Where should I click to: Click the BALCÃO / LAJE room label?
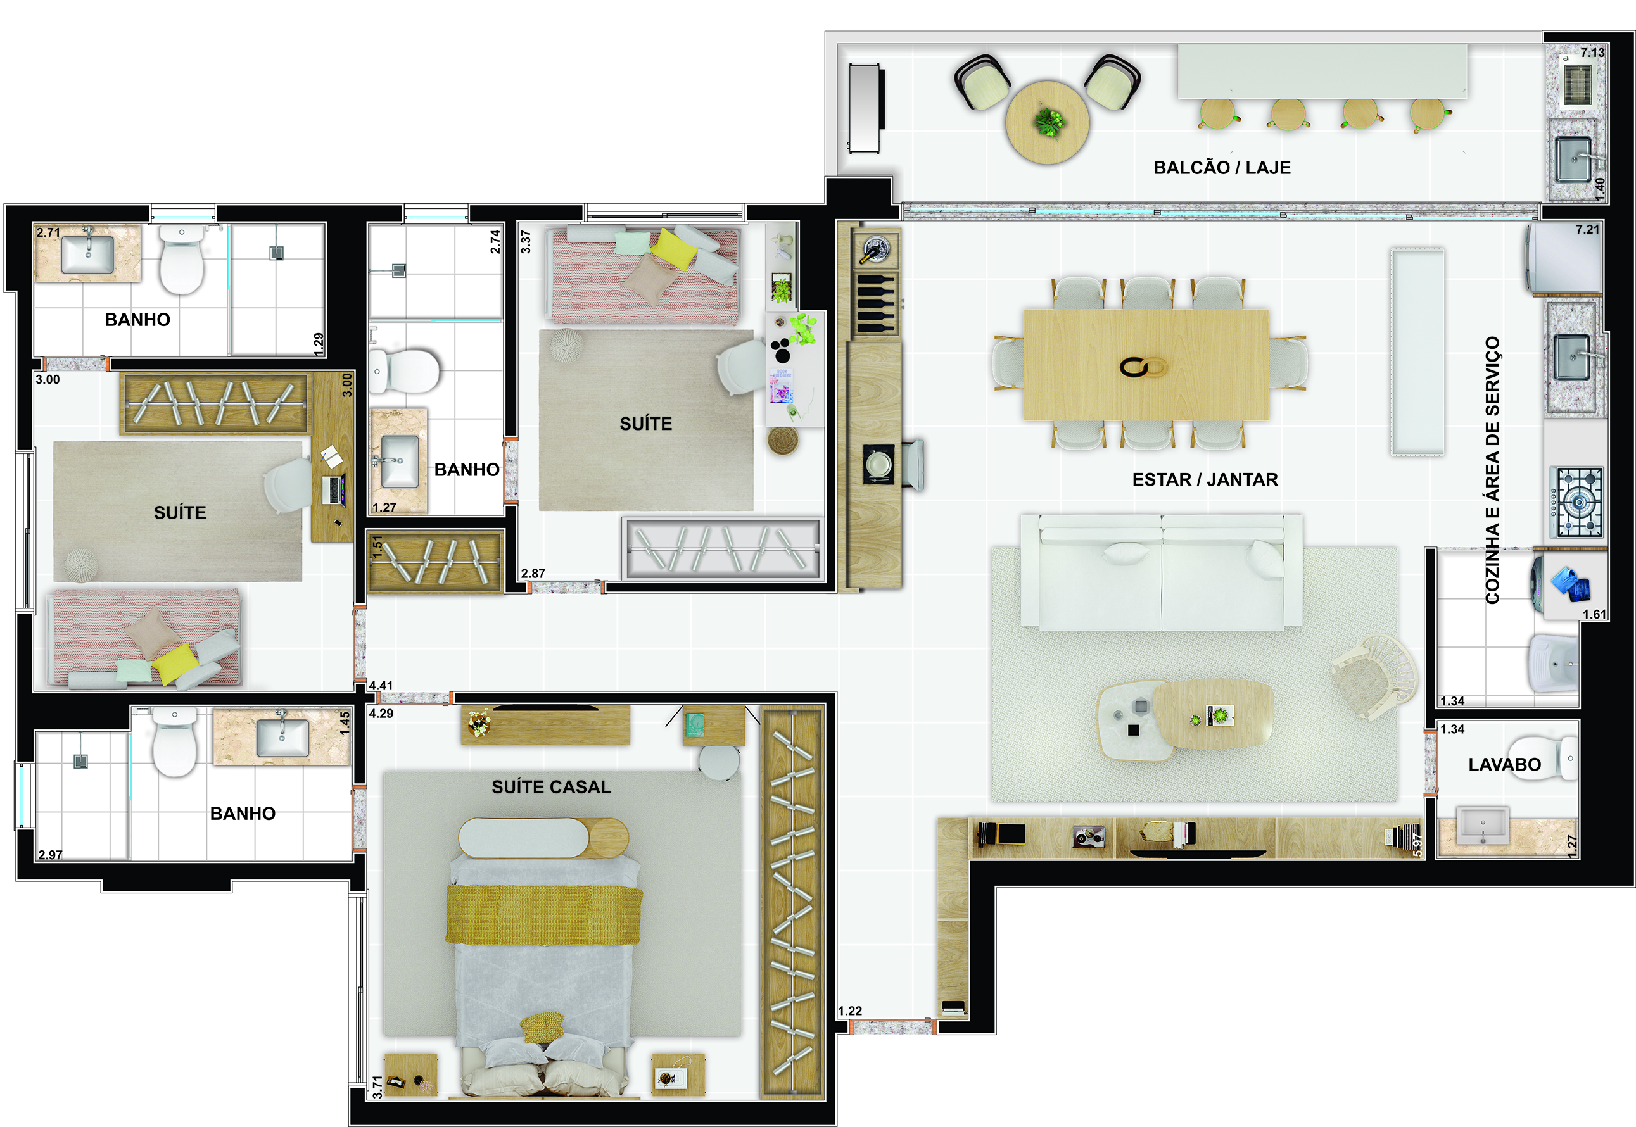click(1221, 167)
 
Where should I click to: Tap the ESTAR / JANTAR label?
click(1205, 479)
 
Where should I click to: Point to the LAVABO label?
click(1505, 765)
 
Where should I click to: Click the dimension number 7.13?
click(1593, 53)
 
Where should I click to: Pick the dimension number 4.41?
click(381, 685)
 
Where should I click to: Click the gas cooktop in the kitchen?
click(1576, 502)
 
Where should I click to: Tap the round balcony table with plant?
click(1047, 122)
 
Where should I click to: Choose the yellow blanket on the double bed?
click(543, 914)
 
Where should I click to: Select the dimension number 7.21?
click(1587, 229)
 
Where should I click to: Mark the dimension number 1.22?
click(850, 1011)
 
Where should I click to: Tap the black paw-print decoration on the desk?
click(780, 350)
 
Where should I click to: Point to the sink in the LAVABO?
click(1483, 826)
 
